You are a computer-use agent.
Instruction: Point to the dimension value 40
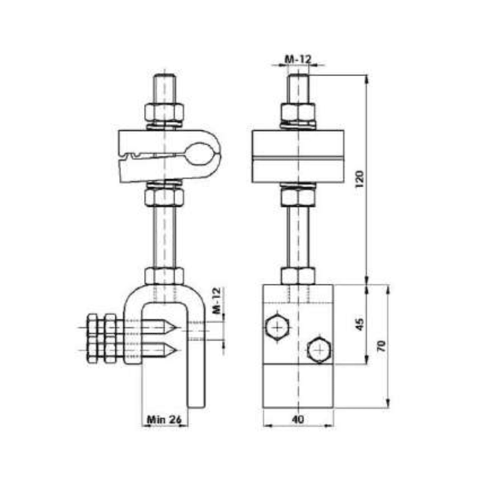[x=298, y=420]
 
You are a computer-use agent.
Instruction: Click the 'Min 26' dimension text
[x=164, y=420]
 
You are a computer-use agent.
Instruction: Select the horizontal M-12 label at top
[x=298, y=59]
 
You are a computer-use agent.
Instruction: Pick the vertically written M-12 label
[x=216, y=302]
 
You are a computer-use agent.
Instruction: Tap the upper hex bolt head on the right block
[x=277, y=327]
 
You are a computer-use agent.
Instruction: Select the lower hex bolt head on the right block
[x=320, y=350]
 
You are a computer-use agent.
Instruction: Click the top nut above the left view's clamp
[x=165, y=113]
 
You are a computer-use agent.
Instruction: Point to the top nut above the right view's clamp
[x=298, y=113]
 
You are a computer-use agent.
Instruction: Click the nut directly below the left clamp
[x=164, y=197]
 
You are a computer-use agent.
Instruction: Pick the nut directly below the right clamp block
[x=298, y=197]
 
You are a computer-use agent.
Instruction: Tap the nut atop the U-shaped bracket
[x=164, y=275]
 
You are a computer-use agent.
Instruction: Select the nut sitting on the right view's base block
[x=298, y=275]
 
